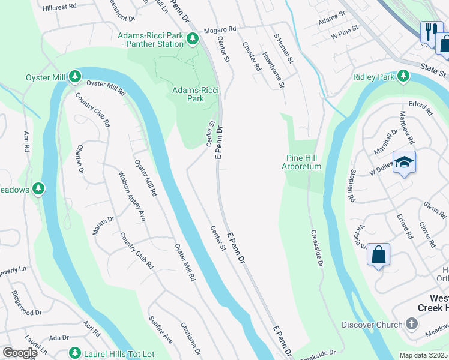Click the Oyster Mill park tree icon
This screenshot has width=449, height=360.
[x=74, y=77]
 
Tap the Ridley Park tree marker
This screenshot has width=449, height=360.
[x=403, y=77]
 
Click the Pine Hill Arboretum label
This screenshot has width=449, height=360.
[x=303, y=162]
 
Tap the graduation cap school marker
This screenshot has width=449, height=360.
[x=404, y=163]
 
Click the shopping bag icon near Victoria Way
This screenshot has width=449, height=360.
[x=379, y=254]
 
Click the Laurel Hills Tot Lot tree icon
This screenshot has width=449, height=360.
[x=74, y=353]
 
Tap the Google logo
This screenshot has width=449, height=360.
[x=20, y=353]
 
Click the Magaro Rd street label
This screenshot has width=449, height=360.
[x=220, y=29]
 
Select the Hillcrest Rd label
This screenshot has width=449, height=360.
[x=61, y=7]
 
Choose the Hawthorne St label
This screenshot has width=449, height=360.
[x=273, y=70]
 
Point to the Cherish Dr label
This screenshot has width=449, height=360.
[x=80, y=160]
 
